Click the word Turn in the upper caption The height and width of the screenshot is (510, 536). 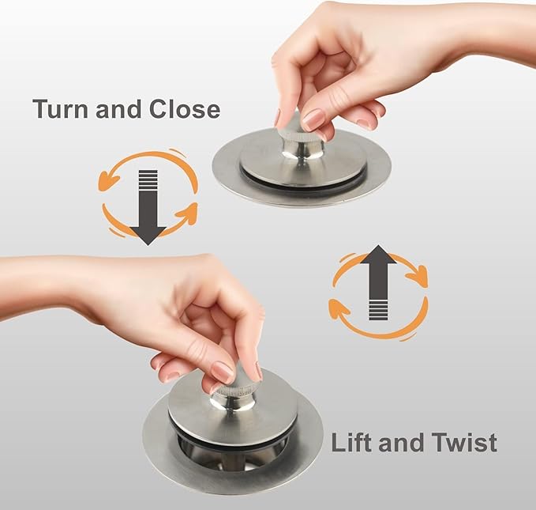click(61, 109)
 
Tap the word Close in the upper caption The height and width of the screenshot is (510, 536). click(185, 109)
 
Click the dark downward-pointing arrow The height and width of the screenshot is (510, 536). click(148, 207)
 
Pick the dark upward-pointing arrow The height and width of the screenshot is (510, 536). click(378, 282)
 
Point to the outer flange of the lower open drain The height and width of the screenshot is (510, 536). click(232, 479)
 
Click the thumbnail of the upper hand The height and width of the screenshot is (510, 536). click(313, 119)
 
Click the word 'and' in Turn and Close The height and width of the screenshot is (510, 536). click(119, 109)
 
